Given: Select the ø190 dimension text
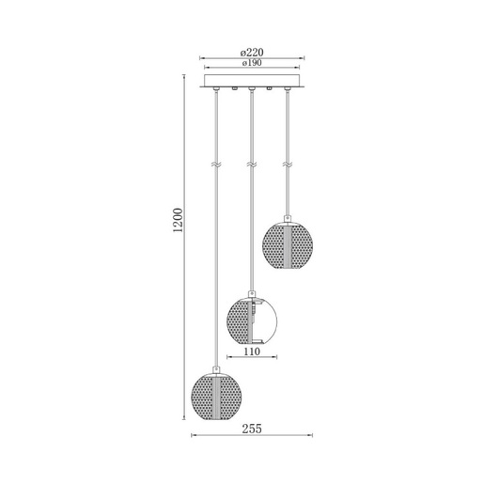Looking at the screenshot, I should pyautogui.click(x=252, y=64).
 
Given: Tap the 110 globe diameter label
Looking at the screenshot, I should pyautogui.click(x=252, y=351).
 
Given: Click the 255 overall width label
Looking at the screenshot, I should pyautogui.click(x=252, y=429).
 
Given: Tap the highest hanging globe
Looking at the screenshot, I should pyautogui.click(x=288, y=244).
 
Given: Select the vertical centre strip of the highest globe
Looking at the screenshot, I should pyautogui.click(x=288, y=244).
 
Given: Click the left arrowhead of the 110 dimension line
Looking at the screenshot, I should pyautogui.click(x=228, y=358).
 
